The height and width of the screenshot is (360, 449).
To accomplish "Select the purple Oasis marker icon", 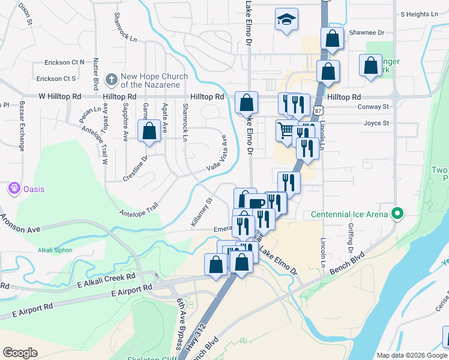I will [x=13, y=189].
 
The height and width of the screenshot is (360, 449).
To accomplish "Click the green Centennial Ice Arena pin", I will [x=397, y=213].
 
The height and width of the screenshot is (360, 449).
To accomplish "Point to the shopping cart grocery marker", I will [x=286, y=130].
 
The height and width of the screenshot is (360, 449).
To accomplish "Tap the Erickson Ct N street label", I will [x=64, y=62].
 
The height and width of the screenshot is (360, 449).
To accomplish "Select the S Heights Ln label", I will [x=420, y=14].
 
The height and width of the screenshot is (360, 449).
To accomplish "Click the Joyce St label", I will [x=376, y=123].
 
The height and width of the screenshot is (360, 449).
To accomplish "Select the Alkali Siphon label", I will [x=55, y=250].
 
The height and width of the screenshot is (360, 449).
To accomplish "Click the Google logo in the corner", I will [x=20, y=352].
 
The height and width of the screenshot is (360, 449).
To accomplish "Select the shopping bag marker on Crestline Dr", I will [x=149, y=131].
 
